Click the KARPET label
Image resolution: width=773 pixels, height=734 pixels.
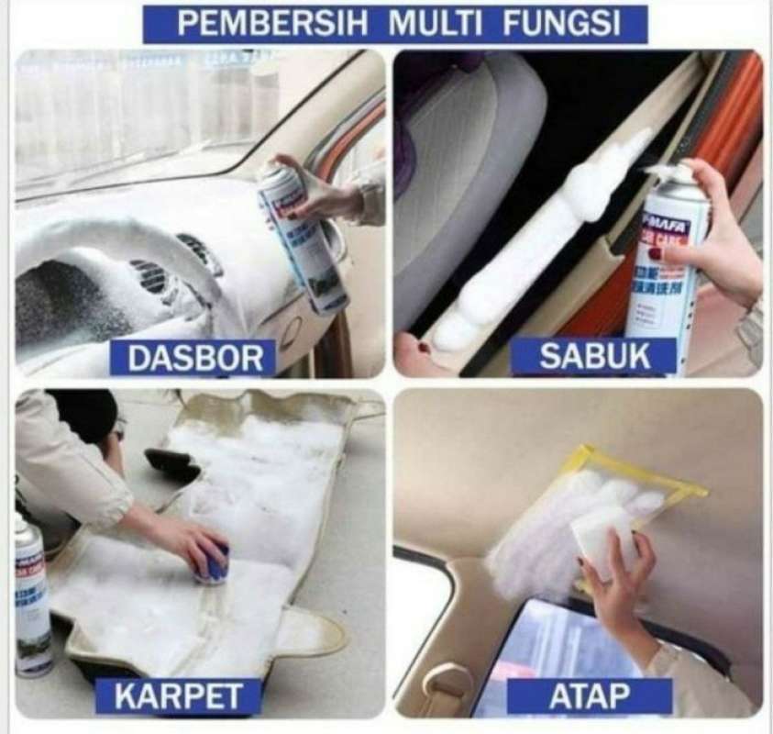click(178, 697)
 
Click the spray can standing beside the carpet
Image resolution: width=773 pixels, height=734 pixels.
click(31, 596)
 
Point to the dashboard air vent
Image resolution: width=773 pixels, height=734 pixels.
click(151, 275)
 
